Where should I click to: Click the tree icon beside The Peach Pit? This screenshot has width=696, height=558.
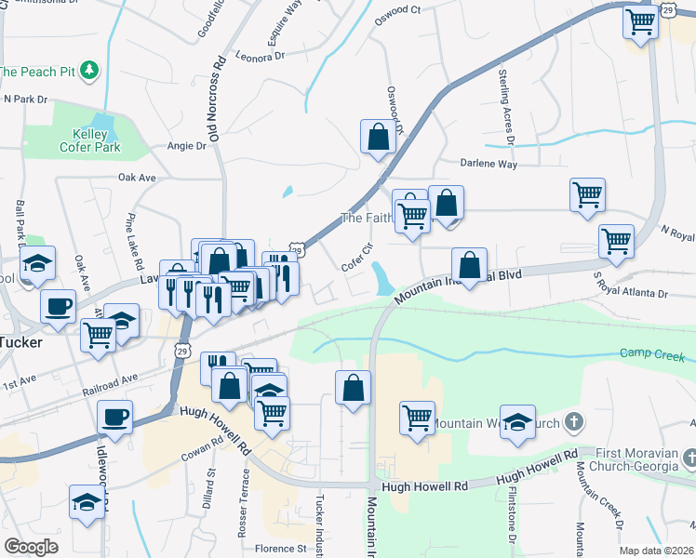pyautogui.click(x=89, y=70)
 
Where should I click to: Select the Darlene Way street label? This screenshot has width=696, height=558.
pyautogui.click(x=489, y=164)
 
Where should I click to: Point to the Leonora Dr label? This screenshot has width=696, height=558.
pyautogui.click(x=261, y=57)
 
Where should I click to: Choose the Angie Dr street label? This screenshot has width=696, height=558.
pyautogui.click(x=186, y=146)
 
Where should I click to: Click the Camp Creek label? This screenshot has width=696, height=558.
pyautogui.click(x=653, y=356)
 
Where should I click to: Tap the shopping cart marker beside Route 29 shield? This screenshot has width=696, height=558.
pyautogui.click(x=640, y=22)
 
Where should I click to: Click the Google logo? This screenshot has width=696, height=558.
pyautogui.click(x=31, y=547)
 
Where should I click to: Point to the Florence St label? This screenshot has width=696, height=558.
pyautogui.click(x=281, y=549)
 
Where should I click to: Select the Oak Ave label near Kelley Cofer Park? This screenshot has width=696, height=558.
pyautogui.click(x=135, y=177)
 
